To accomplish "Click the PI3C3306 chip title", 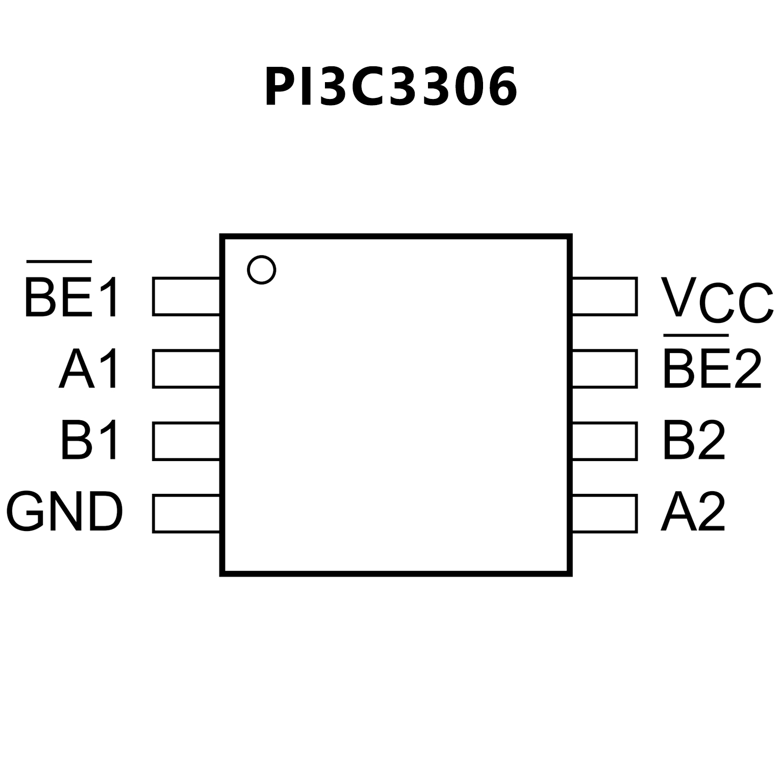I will [x=391, y=87].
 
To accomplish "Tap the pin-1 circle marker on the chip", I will [x=262, y=269].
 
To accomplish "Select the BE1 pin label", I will [x=71, y=297].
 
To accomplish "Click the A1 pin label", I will [x=89, y=369].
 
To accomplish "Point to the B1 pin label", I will [x=89, y=440].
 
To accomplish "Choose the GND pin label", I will [x=65, y=512].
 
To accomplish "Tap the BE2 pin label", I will [x=712, y=369].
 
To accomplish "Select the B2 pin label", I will [x=694, y=440].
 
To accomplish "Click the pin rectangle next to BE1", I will [x=186, y=296].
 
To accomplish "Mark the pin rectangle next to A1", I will [x=186, y=369].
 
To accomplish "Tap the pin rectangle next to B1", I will [x=186, y=441].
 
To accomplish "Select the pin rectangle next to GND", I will [x=186, y=514].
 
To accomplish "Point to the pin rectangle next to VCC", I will [x=605, y=296].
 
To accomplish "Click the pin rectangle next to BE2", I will [x=605, y=369].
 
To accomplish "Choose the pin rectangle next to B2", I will [x=605, y=441].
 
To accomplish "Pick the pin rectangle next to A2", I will [x=605, y=514].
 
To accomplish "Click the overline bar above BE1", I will [x=59, y=262].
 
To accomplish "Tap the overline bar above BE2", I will [x=696, y=336].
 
